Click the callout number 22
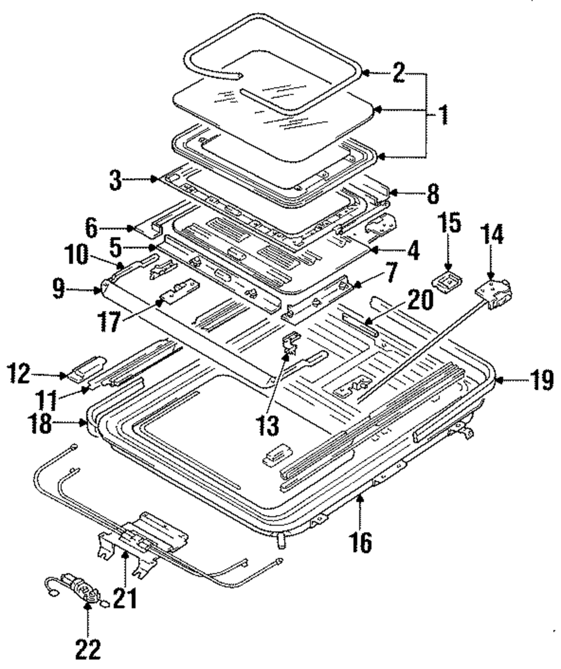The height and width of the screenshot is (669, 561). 88,649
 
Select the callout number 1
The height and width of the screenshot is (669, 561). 443,115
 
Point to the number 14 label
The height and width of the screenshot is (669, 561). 491,234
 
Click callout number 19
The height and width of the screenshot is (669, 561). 542,379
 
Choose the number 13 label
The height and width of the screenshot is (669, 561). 268,425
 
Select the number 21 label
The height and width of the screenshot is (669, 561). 125,598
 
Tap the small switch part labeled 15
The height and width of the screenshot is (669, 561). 447,283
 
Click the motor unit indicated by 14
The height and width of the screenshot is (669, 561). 494,292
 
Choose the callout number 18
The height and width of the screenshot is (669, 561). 41,424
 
